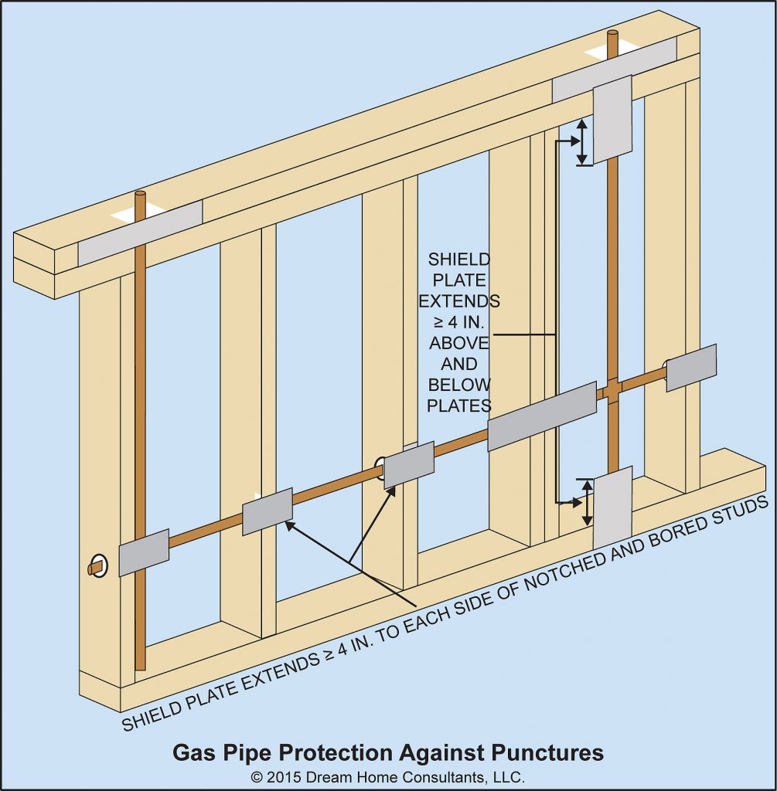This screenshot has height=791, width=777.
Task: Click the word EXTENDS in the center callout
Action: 464,300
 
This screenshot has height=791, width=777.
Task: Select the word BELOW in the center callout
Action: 459,384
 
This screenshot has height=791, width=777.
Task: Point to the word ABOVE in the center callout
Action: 459,342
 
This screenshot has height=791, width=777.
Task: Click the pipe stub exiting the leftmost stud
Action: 95,569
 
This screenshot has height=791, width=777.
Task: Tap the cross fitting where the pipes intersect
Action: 612,390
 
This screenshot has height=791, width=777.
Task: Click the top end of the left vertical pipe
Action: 140,197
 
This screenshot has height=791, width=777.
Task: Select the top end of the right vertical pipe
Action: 612,35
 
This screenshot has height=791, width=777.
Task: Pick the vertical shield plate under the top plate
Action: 612,119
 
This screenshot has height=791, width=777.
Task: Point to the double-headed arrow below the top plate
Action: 582,141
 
